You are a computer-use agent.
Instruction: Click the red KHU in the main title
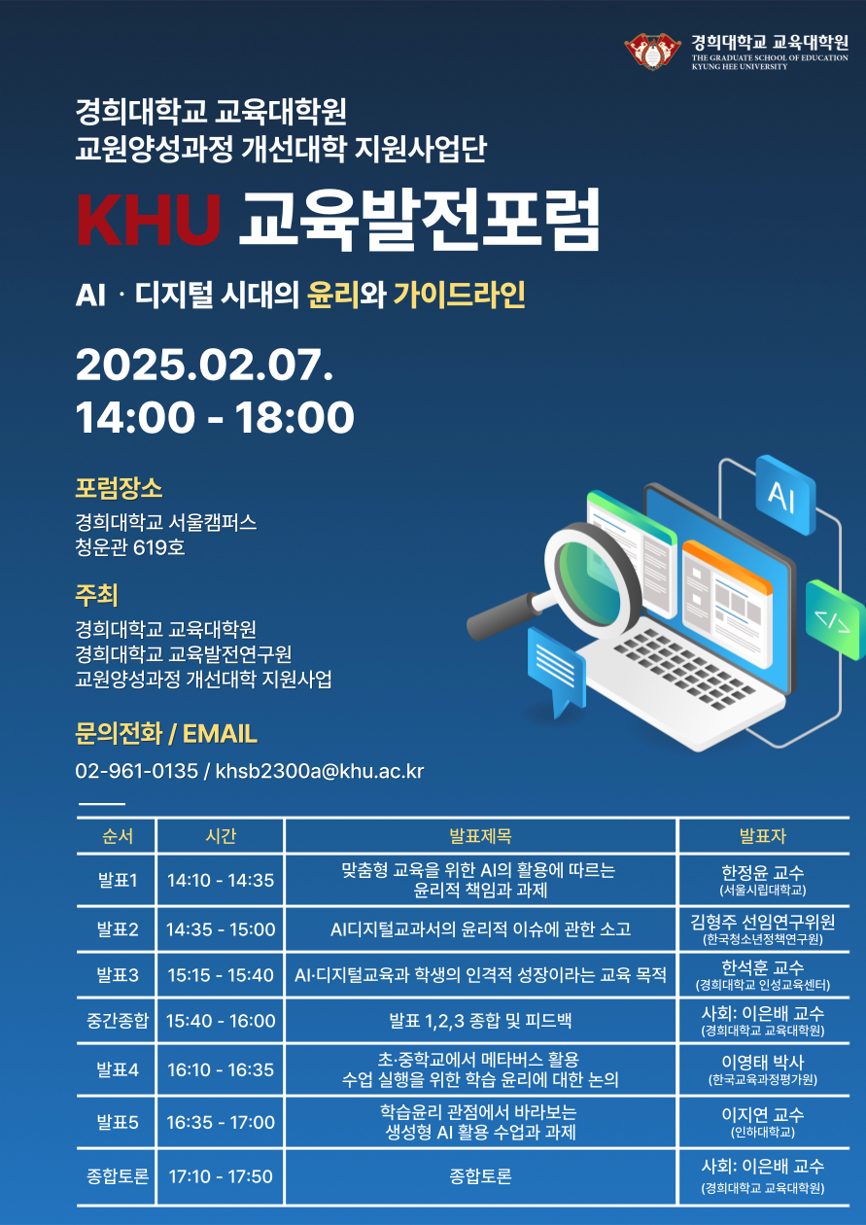(x=149, y=220)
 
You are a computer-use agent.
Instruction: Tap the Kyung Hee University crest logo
(x=653, y=51)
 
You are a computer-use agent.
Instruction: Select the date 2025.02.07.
(x=204, y=365)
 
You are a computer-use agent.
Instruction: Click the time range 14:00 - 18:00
(x=215, y=417)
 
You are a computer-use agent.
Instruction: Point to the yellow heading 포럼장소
(x=119, y=488)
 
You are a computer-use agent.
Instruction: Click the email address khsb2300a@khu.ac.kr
(x=320, y=771)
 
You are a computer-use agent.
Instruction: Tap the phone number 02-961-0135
(x=137, y=771)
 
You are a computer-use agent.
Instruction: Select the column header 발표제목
(x=480, y=836)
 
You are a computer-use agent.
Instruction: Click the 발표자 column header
(x=763, y=836)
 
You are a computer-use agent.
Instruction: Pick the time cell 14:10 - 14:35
(x=221, y=880)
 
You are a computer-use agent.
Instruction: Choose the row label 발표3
(x=118, y=974)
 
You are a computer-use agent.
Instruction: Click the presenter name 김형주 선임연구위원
(x=763, y=922)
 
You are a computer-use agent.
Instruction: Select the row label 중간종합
(x=118, y=1020)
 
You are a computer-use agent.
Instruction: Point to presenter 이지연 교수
(x=763, y=1114)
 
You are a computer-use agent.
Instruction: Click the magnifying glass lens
(x=592, y=580)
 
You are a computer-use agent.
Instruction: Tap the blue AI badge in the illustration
(x=785, y=494)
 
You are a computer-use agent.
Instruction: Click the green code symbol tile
(x=836, y=620)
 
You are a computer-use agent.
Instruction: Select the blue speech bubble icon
(x=557, y=668)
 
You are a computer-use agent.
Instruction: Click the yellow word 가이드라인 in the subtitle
(x=459, y=295)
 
